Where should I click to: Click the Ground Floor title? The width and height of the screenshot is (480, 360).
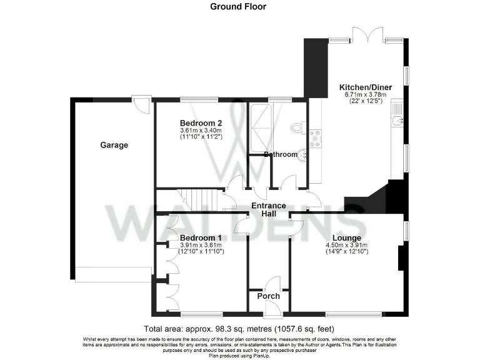click(238, 7)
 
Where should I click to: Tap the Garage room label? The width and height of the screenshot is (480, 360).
click(114, 145)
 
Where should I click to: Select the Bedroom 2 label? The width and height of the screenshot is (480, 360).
click(201, 122)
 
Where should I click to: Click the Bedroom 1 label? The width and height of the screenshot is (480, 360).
click(201, 238)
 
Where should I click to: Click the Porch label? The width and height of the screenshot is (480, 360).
click(269, 296)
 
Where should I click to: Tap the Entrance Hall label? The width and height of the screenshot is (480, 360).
click(269, 210)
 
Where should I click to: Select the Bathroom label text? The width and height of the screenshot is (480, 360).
click(281, 154)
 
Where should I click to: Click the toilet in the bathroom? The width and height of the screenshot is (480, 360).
click(298, 128)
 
